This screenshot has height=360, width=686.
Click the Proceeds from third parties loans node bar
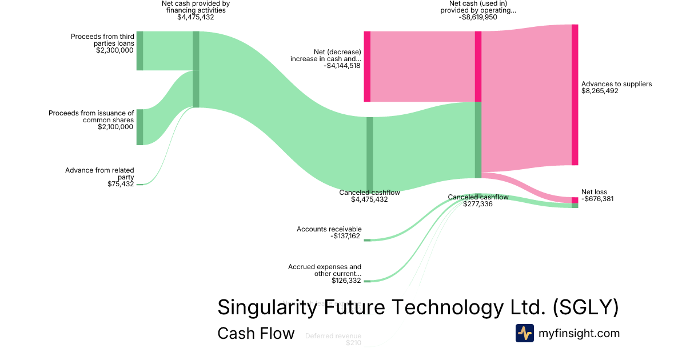(139, 51)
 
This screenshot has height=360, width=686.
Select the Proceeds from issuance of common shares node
(139, 127)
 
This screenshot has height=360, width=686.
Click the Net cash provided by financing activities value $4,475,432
(196, 17)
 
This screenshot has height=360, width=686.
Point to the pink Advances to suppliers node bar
(575, 95)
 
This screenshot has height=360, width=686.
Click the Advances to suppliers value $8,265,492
(600, 91)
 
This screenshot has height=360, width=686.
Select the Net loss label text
(594, 192)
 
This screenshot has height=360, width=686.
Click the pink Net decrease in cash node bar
(367, 66)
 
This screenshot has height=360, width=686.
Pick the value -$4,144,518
(342, 66)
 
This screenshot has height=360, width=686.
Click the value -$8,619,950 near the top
(478, 17)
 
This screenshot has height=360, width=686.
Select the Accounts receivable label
(329, 229)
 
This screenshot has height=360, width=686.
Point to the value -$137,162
(345, 236)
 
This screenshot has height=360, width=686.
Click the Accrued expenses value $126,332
(346, 281)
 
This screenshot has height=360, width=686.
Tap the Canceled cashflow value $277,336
(478, 204)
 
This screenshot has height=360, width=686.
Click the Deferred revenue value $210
(353, 343)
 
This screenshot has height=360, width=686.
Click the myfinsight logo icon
(525, 333)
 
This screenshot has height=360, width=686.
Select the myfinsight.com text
(579, 333)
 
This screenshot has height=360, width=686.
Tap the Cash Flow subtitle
(256, 333)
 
